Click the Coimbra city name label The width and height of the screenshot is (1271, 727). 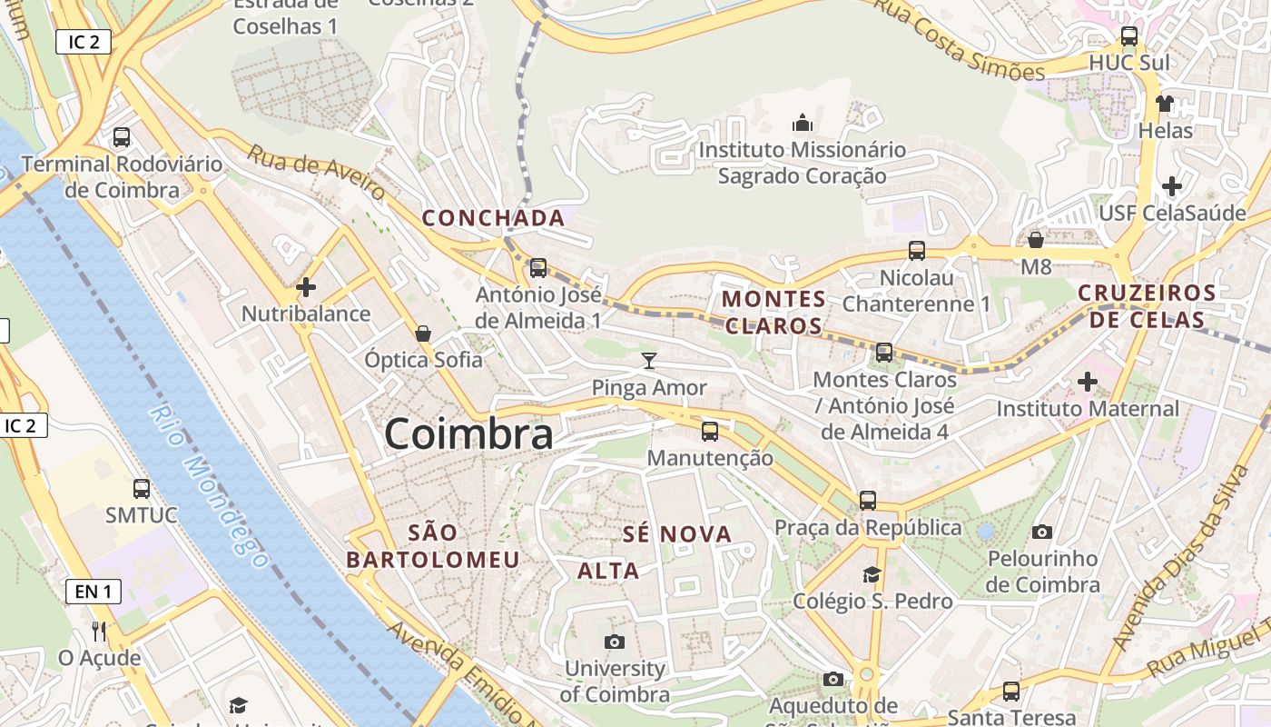[x=468, y=433]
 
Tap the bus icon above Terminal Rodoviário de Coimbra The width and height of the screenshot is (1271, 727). [x=122, y=137]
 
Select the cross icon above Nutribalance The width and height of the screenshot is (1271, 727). [x=306, y=287]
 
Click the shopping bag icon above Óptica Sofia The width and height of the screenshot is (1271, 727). [x=423, y=334]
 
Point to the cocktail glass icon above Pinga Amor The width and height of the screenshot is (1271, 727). [x=648, y=361]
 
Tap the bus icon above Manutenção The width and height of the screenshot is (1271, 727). [x=710, y=431]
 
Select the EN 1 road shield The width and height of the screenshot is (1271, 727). [x=93, y=593]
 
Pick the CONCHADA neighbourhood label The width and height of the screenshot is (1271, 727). [x=494, y=218]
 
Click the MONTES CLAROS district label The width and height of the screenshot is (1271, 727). [x=773, y=312]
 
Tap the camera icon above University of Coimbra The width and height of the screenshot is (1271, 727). [x=615, y=642]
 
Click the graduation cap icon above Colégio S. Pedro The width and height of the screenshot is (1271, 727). [x=872, y=574]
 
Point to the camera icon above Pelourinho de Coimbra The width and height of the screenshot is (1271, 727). [x=1042, y=532]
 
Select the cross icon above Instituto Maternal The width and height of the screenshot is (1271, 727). [x=1087, y=382]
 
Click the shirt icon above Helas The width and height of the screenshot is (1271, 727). [x=1165, y=104]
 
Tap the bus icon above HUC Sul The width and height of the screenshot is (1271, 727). [x=1129, y=36]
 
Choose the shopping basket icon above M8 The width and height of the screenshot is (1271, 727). [x=1035, y=240]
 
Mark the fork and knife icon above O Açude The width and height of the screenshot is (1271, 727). [x=99, y=631]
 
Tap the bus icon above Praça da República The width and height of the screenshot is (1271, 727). [x=868, y=500]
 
